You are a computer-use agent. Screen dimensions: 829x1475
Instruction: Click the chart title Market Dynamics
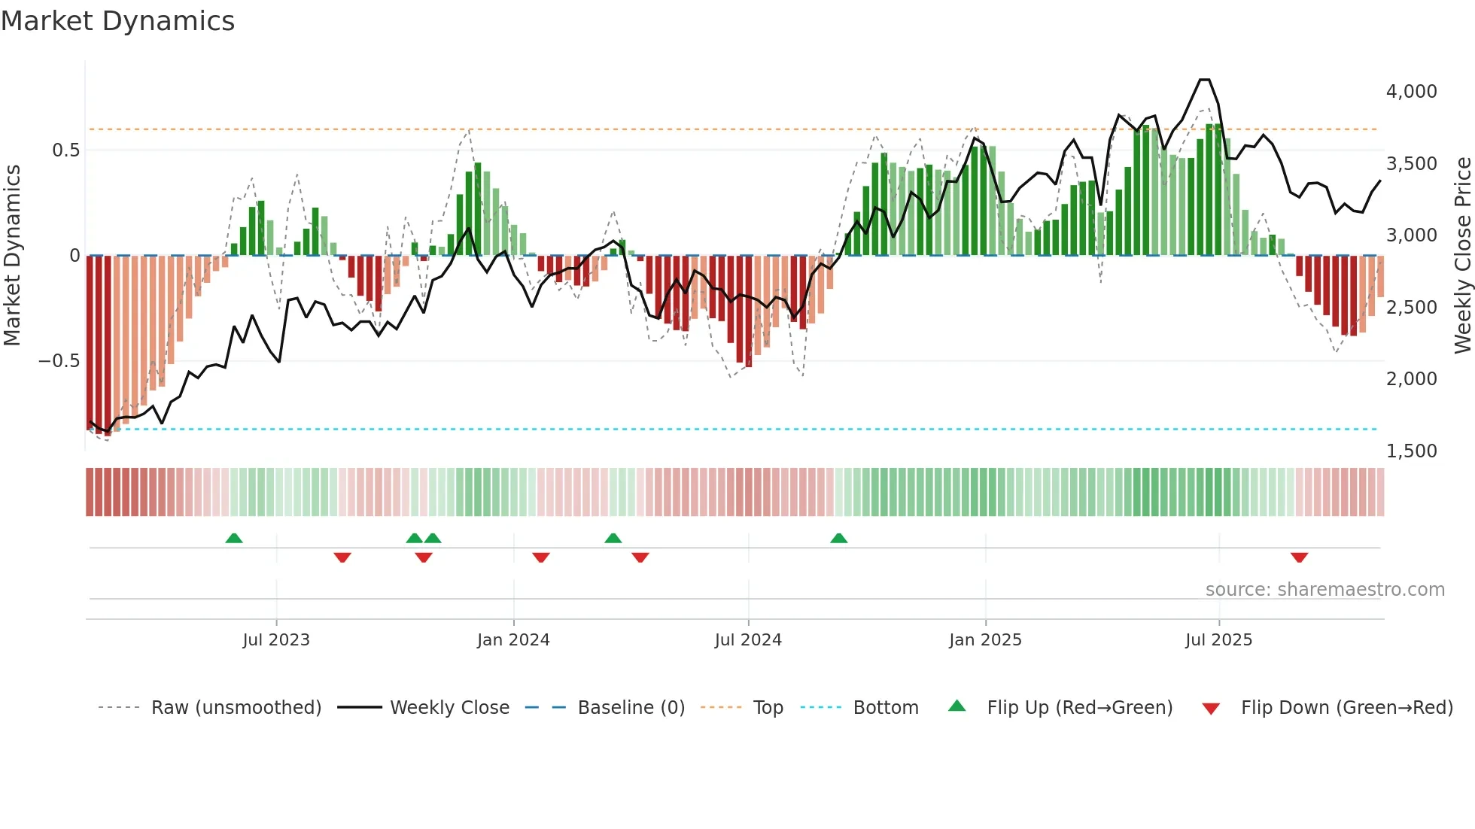tap(117, 21)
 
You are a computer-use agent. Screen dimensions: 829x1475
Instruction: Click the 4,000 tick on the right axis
tap(1411, 92)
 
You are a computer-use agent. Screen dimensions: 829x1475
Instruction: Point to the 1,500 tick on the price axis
tap(1411, 451)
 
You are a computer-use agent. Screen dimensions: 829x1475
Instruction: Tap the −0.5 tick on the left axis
tap(59, 361)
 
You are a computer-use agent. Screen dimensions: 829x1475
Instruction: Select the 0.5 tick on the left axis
tap(65, 150)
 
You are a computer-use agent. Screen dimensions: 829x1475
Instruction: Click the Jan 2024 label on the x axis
tap(513, 640)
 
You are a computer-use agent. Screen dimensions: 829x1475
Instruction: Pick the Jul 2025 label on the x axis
tap(1218, 640)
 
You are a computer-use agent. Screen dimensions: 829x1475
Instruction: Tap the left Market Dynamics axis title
tap(12, 256)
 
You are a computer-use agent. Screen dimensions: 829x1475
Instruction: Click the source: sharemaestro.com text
tap(1324, 590)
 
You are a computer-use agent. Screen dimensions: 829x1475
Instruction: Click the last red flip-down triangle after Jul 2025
tap(1299, 557)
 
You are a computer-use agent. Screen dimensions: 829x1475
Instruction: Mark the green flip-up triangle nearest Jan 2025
tap(838, 538)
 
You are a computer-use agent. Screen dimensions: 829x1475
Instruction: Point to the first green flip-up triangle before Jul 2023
tap(234, 538)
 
